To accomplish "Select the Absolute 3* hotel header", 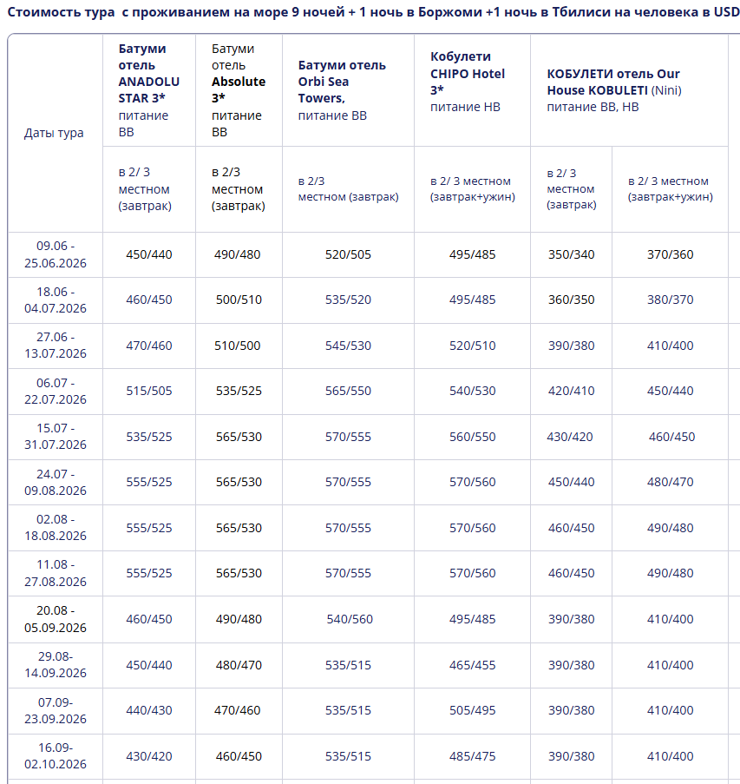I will pos(239,90).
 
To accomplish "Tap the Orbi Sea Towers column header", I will pos(342,90).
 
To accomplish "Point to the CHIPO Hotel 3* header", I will pos(468,82).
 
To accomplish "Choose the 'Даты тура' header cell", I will pos(54,133).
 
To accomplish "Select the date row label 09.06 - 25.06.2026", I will pos(56,254).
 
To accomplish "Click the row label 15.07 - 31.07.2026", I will pos(56,437).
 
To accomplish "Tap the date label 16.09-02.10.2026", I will pos(56,755).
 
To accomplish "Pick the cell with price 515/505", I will pos(149,391).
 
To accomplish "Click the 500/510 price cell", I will pos(238,300).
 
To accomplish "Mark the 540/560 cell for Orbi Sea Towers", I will pos(350,619).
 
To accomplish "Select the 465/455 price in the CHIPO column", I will pos(473,665).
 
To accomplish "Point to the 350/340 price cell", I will pos(572,254).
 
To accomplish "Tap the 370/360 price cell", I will pos(671,254).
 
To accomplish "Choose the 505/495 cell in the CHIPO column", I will pos(473,710).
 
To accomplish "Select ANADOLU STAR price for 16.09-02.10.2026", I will pos(149,756).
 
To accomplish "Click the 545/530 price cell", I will pos(348,346).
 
